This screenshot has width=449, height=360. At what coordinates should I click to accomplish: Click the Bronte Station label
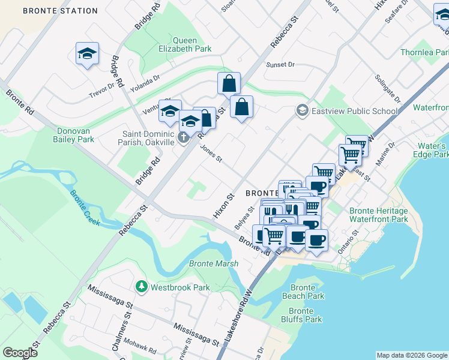click(x=59, y=11)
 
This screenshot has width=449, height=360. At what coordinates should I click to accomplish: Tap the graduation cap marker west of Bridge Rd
click(x=87, y=54)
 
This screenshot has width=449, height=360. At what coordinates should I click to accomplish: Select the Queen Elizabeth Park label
click(x=184, y=44)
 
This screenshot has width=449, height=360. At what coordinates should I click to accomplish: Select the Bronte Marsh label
click(x=214, y=263)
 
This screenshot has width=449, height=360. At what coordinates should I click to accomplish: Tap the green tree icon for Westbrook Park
click(x=142, y=287)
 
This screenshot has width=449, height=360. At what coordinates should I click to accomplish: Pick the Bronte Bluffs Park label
click(x=306, y=315)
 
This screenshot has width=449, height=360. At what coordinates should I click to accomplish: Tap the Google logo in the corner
click(x=20, y=353)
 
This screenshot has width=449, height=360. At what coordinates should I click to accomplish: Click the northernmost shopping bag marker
click(x=229, y=83)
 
